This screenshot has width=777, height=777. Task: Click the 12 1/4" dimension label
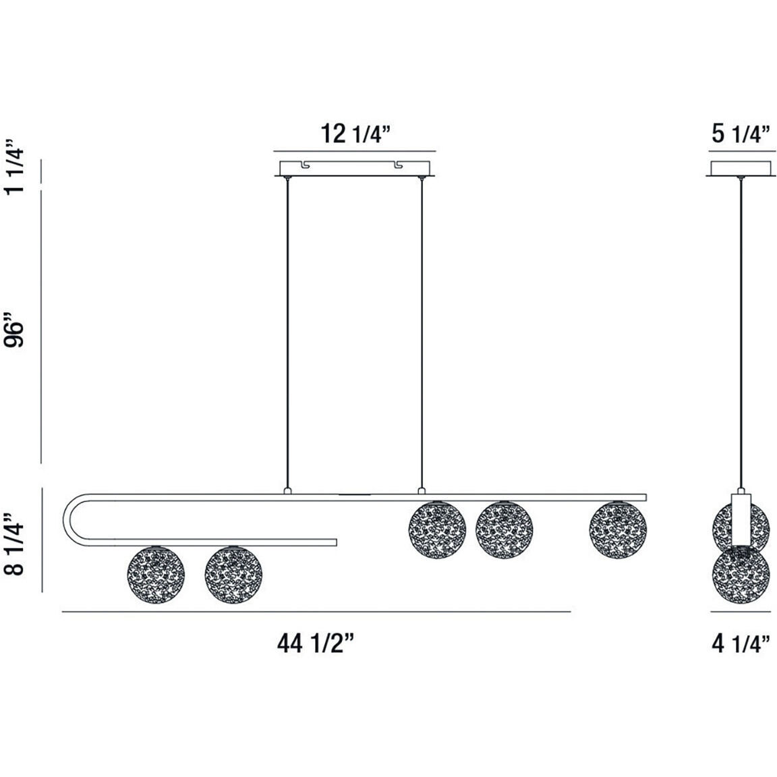coord(356,134)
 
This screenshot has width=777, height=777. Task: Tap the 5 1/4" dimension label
coord(741,134)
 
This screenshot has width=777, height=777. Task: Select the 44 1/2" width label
coord(316,645)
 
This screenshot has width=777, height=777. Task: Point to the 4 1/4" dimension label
coord(741,645)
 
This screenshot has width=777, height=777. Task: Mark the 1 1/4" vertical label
coord(15,167)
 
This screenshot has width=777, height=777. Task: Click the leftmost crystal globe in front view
coord(156,575)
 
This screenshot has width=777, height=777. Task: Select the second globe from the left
coord(233,575)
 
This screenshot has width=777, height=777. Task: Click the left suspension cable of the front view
coord(288,330)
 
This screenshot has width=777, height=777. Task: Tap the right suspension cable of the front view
coord(422,330)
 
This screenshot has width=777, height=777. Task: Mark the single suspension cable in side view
coord(741,330)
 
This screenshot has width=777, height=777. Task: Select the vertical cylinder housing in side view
coord(741,520)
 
